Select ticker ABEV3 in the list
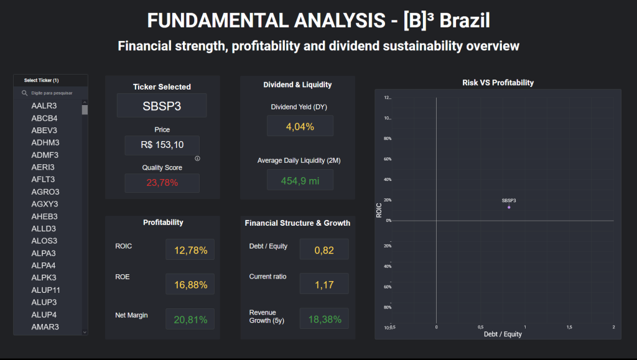point(44,131)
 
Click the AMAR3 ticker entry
point(45,327)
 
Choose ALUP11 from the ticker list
point(46,290)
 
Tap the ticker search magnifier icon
point(24,93)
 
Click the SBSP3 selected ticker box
point(162,106)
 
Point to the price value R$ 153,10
point(162,145)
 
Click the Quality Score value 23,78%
point(162,183)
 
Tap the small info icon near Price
point(197,159)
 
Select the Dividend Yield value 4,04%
point(300,126)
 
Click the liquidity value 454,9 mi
point(300,180)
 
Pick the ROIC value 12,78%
point(190,251)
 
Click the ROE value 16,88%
point(190,285)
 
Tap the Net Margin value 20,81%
point(190,320)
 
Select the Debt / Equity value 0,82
point(324,250)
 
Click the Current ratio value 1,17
point(324,285)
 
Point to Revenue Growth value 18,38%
point(324,320)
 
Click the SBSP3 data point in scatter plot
point(509,207)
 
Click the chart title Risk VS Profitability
point(498,83)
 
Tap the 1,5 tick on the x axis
point(569,327)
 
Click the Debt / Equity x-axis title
point(503,335)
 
